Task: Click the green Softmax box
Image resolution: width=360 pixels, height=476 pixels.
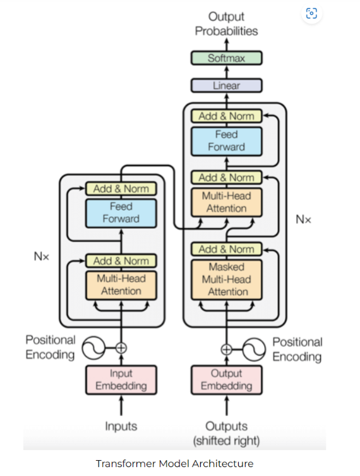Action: [x=226, y=58]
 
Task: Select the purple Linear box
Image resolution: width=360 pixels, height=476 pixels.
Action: [x=226, y=85]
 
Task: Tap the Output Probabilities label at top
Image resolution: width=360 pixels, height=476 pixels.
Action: [x=226, y=24]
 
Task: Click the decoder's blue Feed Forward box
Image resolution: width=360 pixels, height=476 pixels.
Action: [x=226, y=140]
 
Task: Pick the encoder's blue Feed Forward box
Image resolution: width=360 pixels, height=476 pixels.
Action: [x=121, y=213]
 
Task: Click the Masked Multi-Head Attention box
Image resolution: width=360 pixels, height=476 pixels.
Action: [x=226, y=279]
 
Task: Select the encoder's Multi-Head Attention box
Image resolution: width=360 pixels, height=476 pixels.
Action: [x=121, y=284]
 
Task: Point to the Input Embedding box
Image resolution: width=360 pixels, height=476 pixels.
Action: [x=121, y=380]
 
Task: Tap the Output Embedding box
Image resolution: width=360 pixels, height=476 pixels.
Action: [x=226, y=380]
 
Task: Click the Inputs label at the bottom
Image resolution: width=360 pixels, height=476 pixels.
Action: [x=121, y=427]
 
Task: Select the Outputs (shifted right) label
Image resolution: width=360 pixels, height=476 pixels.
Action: [x=226, y=433]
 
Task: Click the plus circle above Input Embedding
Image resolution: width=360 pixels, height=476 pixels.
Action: [x=121, y=347]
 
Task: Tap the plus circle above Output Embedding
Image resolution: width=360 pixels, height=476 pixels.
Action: [x=226, y=348]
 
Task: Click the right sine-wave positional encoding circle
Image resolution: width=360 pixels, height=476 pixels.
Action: [x=253, y=348]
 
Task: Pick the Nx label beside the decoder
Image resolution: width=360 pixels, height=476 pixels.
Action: [x=303, y=219]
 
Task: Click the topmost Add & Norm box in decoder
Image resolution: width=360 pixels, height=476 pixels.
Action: [x=226, y=116]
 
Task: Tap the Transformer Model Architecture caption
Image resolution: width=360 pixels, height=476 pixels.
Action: [x=174, y=463]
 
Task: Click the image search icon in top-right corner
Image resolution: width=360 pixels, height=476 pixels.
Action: [x=311, y=14]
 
